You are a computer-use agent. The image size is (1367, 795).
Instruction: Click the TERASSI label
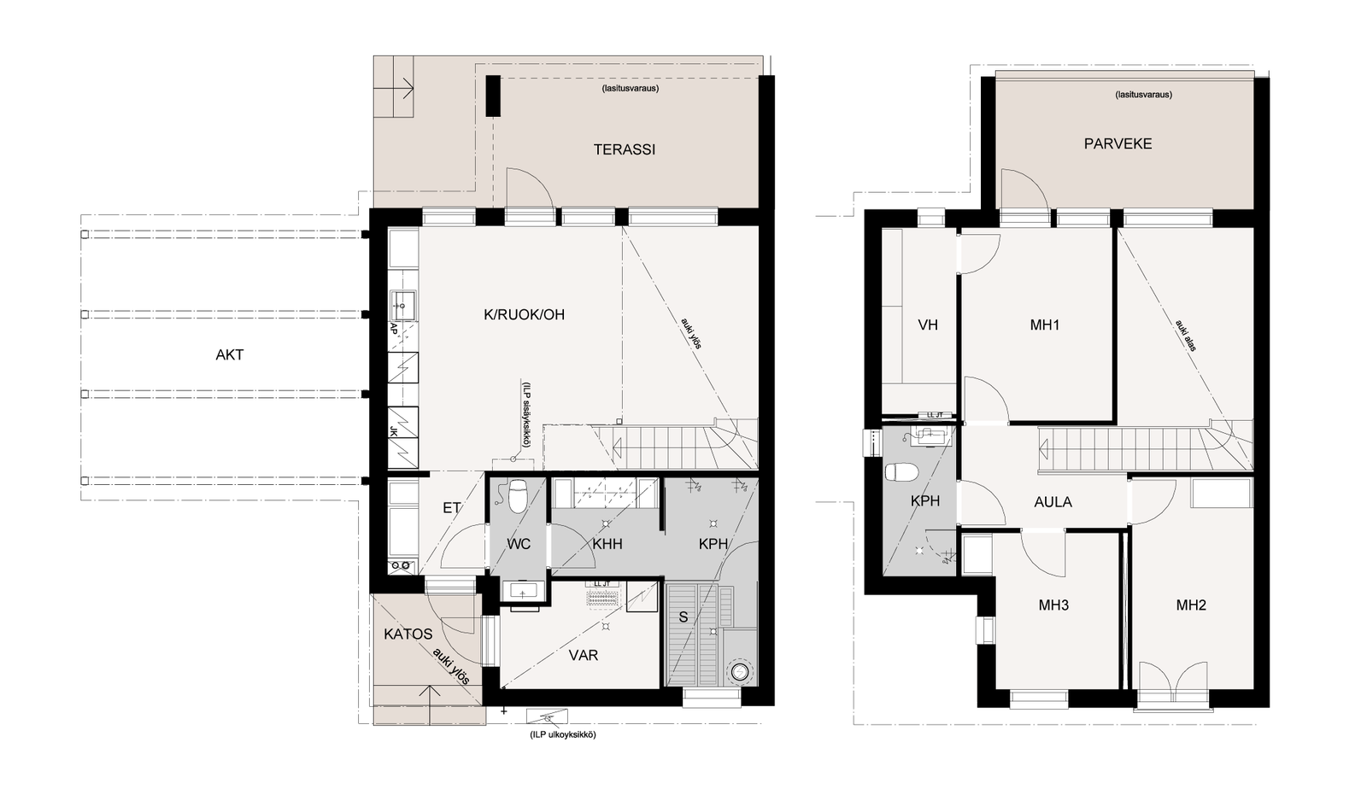[x=625, y=149]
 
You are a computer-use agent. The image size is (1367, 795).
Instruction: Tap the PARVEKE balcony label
[x=1118, y=144]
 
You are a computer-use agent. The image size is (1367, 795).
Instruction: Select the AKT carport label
[x=230, y=355]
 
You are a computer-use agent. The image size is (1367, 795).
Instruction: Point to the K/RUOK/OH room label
[x=525, y=315]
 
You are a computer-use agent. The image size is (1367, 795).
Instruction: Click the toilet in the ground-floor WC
[x=518, y=495]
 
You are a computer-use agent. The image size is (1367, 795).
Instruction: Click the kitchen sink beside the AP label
[x=402, y=305]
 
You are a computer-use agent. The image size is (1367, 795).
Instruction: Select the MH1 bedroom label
[x=1045, y=325]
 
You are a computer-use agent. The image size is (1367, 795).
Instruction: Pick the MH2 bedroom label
[x=1191, y=605]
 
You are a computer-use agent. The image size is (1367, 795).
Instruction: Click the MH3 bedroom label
[x=1054, y=605]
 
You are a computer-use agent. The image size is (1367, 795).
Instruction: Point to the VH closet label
[x=928, y=325]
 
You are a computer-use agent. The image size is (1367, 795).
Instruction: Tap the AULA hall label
[x=1053, y=502]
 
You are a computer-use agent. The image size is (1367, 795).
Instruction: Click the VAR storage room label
[x=584, y=655]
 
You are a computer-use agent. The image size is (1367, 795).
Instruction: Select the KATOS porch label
[x=408, y=634]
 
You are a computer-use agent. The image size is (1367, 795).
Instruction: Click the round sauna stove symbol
[x=740, y=672]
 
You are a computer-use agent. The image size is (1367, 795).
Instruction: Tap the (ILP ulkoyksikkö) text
[x=563, y=734]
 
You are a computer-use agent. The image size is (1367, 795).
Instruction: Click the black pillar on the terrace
[x=493, y=96]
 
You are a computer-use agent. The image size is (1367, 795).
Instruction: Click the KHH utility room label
[x=607, y=544]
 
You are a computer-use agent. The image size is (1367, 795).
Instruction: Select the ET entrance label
[x=452, y=507]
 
